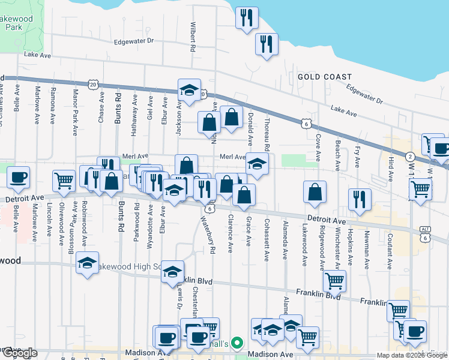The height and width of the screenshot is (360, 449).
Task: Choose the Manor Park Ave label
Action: click(x=75, y=113)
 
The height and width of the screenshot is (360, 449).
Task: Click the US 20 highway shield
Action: click(x=93, y=85)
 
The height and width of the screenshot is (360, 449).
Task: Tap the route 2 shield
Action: click(x=409, y=155)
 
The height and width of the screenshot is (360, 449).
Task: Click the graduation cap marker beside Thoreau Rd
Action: click(x=256, y=164)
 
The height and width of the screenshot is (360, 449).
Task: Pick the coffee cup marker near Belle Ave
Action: click(x=18, y=177)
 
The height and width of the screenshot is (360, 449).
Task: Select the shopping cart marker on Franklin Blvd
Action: click(x=334, y=280)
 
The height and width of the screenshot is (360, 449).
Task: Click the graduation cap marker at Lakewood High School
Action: click(x=88, y=264)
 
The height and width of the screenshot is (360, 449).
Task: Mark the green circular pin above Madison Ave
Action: click(x=237, y=344)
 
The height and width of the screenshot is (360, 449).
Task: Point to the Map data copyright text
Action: click(x=412, y=355)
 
